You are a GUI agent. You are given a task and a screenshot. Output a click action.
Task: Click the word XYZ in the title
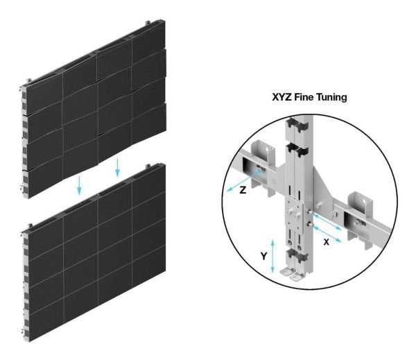click(x=281, y=97)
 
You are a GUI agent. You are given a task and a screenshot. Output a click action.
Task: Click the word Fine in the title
click(x=304, y=97)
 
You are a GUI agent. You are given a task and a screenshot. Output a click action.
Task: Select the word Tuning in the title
click(x=331, y=98)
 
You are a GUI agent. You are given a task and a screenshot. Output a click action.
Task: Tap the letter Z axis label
click(x=243, y=190)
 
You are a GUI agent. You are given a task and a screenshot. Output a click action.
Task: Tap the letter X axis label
click(x=327, y=242)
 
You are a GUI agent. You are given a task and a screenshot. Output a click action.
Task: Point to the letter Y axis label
click(x=263, y=256)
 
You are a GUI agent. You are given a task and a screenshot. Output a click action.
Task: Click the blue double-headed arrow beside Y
click(x=272, y=256)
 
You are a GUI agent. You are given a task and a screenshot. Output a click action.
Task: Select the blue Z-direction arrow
click(x=243, y=181)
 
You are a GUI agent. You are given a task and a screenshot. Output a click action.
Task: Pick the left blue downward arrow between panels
click(x=79, y=185)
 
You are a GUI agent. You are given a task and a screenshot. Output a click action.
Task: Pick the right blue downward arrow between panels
click(x=117, y=167)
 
